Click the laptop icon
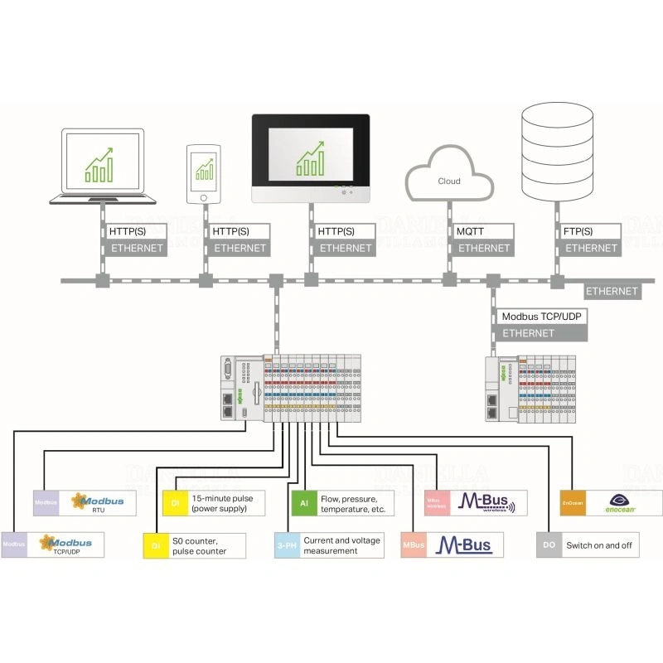point(104,166)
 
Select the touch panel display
point(310,157)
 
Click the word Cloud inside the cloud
point(448,181)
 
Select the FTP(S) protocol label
point(578,232)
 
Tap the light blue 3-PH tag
point(286,545)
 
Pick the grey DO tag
point(549,545)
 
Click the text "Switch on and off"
point(600,546)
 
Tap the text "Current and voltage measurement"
point(341,545)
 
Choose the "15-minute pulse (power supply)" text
point(222,503)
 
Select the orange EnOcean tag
point(573,503)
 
